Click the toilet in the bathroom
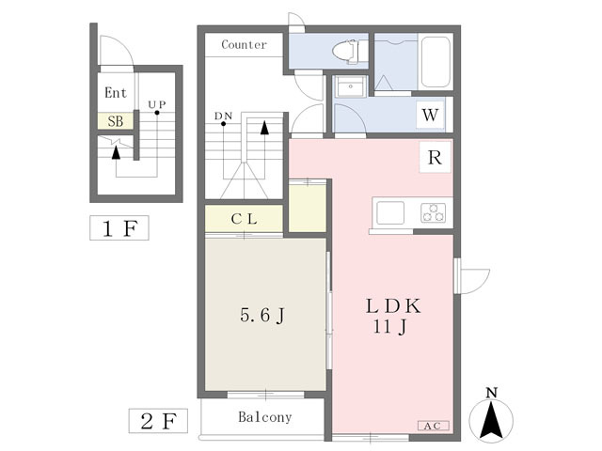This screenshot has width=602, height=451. pos(351,50)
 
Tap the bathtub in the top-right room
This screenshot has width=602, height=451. pos(435,62)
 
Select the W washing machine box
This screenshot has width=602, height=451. pos(430,116)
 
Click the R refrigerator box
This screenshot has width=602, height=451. pos(435,158)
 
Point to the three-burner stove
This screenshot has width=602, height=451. pos(435,212)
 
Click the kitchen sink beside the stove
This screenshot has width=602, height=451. pos(390,213)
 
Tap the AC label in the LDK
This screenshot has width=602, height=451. pos(432,426)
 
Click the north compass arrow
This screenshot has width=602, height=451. pos(490,417)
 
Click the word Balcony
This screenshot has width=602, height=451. pos(264,417)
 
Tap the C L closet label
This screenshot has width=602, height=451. pos(246,219)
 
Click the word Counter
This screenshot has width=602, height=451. pos(244,44)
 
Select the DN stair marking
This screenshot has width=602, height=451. pos(223,117)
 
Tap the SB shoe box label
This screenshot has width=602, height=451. pos(115,121)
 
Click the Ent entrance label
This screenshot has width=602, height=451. pos(116,93)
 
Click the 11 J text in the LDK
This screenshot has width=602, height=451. pos(389,328)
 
